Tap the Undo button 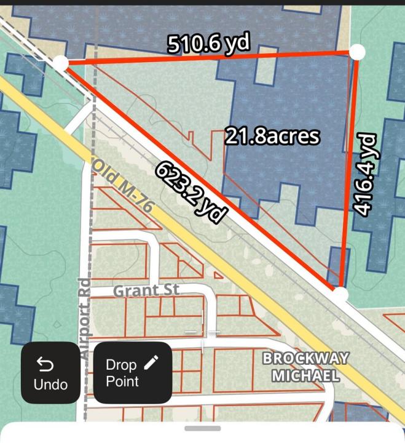[50, 373]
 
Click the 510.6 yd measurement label [210, 44]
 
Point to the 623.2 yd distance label [191, 192]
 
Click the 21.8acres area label [272, 135]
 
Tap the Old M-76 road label [122, 186]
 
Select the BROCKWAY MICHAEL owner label [305, 367]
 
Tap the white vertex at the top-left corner [60, 63]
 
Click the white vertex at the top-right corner [357, 52]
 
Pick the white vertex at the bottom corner [340, 295]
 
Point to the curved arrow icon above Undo [45, 364]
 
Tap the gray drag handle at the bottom [202, 429]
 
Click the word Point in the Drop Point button [122, 381]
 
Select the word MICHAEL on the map [305, 375]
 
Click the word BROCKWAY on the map [305, 359]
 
